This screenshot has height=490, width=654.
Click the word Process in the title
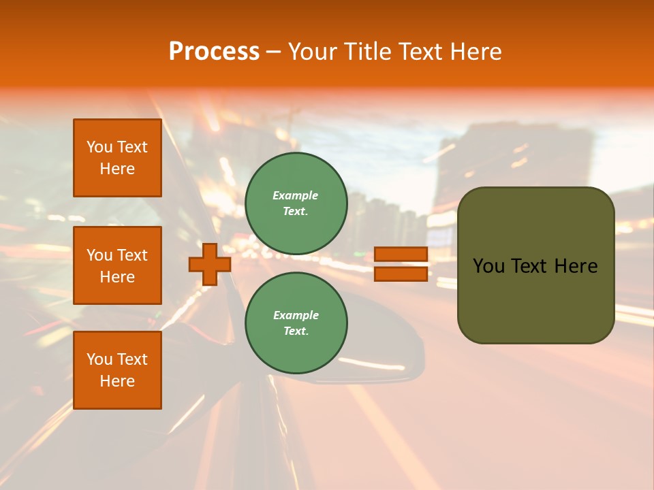click(214, 52)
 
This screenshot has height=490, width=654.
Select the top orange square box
click(117, 158)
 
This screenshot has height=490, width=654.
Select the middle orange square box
click(117, 265)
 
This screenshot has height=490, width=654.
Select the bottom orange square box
click(117, 370)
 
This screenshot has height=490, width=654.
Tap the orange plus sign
click(210, 264)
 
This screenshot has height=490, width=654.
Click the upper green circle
click(296, 203)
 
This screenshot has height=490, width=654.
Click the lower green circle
click(296, 323)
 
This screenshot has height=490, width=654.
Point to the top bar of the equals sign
click(401, 255)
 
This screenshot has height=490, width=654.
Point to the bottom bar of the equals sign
click(401, 274)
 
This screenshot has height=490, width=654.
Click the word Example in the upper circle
click(296, 195)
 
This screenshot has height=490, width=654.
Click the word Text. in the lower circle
click(296, 331)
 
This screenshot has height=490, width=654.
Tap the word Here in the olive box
click(576, 266)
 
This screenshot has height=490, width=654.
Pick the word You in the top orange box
click(99, 147)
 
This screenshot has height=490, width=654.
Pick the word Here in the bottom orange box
click(117, 381)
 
